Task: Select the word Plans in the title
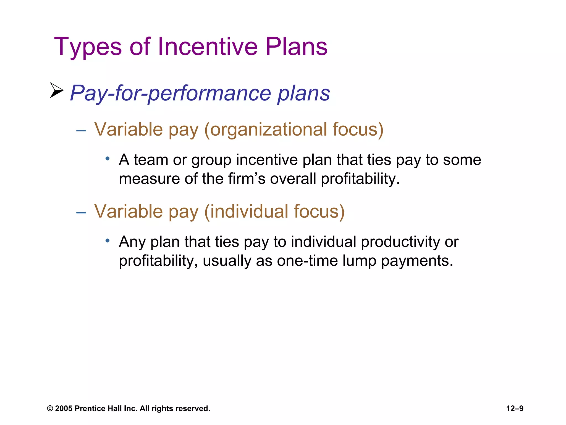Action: [297, 46]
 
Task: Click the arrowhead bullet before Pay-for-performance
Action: [56, 90]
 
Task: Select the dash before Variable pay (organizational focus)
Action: [81, 130]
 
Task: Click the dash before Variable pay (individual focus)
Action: [81, 212]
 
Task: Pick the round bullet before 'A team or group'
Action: [108, 159]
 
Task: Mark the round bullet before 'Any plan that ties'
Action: [108, 241]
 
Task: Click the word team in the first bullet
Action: [151, 160]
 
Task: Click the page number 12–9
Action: [515, 408]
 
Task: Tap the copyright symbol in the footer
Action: [50, 409]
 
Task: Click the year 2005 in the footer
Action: [64, 409]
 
